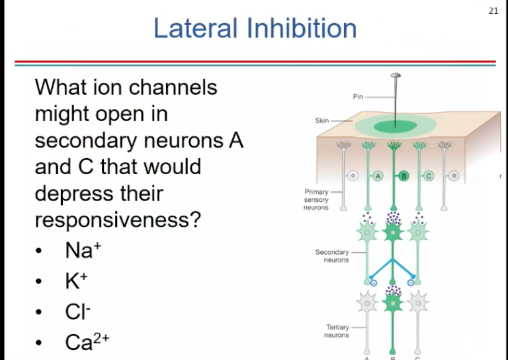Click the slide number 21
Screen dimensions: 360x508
coord(493,11)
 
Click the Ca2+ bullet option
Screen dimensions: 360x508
coord(87,341)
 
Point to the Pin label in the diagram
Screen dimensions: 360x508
coord(358,97)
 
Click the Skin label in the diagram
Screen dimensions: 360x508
coord(322,121)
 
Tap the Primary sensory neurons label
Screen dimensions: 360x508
coord(316,199)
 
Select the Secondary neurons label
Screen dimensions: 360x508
coord(331,256)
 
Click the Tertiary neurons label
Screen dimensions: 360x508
coord(337,331)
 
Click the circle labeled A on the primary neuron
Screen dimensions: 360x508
coord(378,176)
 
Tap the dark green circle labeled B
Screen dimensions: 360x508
coord(403,176)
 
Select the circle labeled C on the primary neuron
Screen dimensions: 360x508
coord(428,176)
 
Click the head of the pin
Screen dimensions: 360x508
coord(395,77)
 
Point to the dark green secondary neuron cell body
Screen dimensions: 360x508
coord(394,232)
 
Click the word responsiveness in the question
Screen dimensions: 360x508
coord(117,220)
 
